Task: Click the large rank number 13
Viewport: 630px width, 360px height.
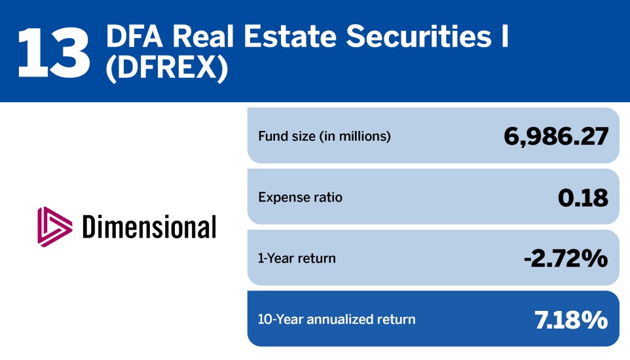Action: (x=54, y=52)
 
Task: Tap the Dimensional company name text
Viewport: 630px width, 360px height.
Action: (x=149, y=227)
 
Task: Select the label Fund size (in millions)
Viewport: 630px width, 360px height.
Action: (x=324, y=137)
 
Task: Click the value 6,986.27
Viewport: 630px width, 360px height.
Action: (x=556, y=136)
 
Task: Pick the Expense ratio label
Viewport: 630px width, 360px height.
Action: (x=300, y=197)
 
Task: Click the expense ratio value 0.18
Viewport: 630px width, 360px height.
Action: (x=583, y=197)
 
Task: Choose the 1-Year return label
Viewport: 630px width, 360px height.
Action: (x=297, y=258)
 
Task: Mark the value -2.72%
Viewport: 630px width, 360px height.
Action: (x=566, y=258)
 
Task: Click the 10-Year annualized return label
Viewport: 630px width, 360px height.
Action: (x=337, y=319)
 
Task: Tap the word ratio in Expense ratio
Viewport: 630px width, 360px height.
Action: (x=327, y=197)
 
